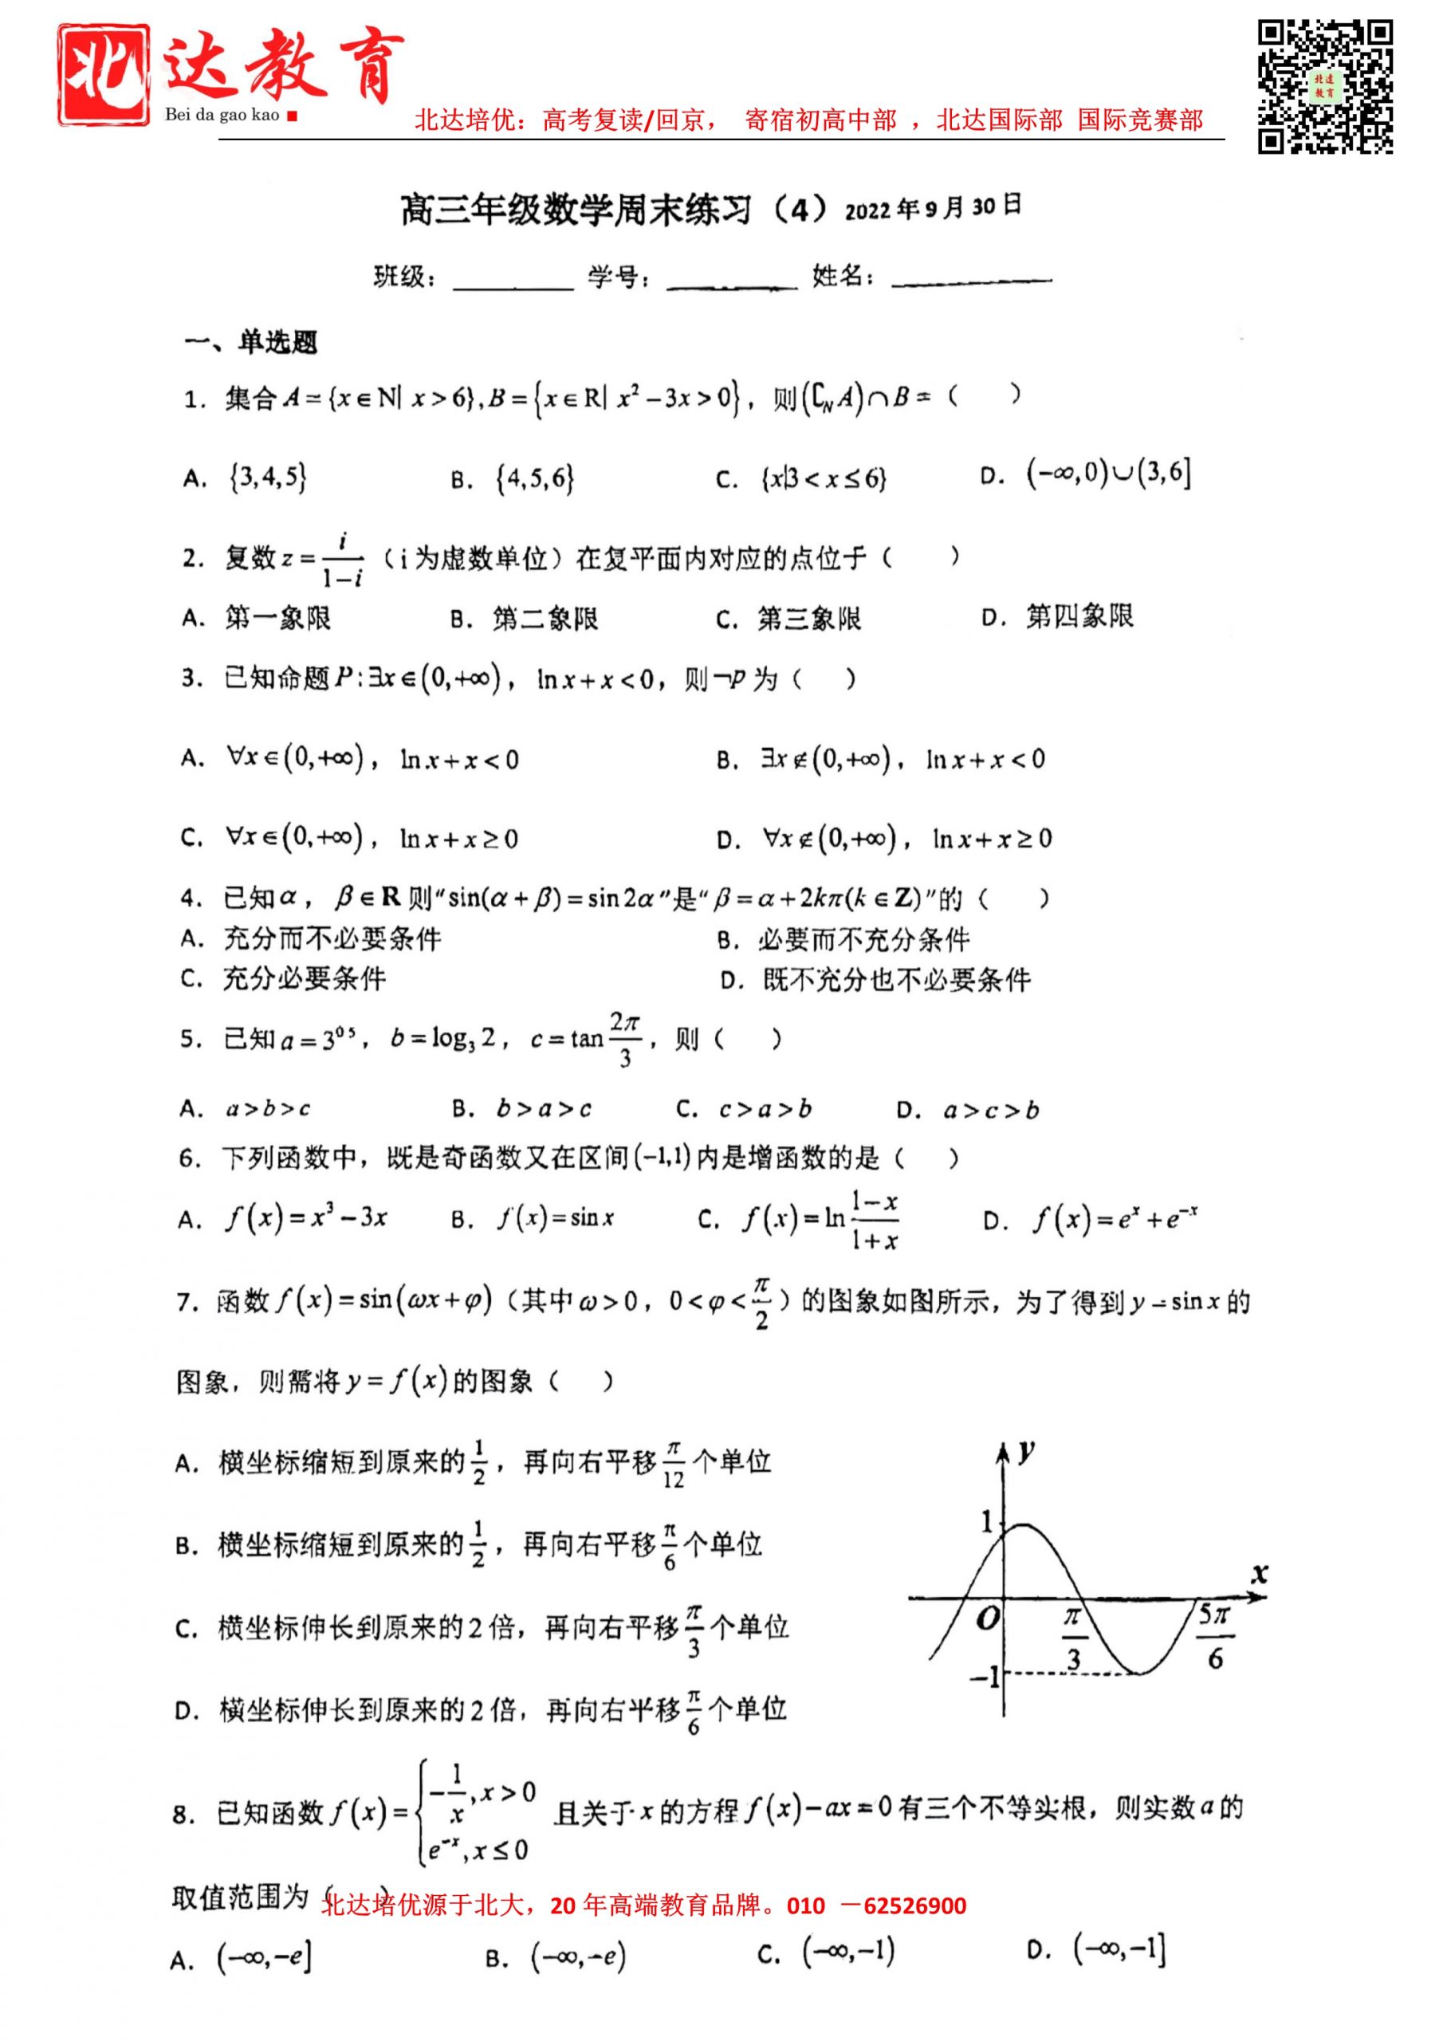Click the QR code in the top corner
[1324, 86]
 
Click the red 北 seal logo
[103, 76]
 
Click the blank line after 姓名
[971, 279]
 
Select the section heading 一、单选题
[250, 342]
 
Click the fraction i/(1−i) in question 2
[343, 560]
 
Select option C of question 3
[348, 837]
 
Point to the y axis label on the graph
[1026, 1453]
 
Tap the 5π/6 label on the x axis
[1214, 1636]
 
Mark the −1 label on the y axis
[985, 1677]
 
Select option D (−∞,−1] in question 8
[1119, 1949]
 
